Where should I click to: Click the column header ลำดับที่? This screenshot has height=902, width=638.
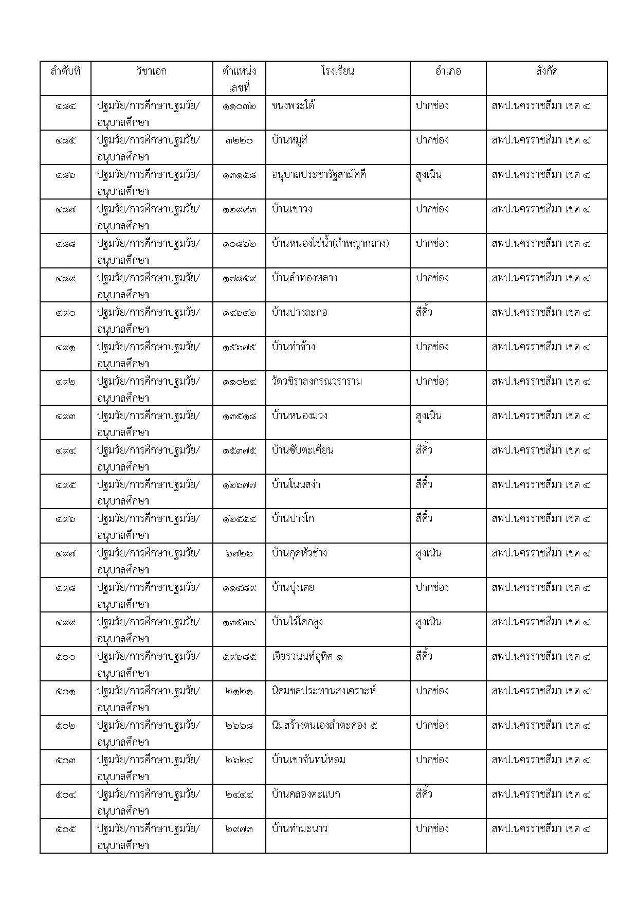coord(65,71)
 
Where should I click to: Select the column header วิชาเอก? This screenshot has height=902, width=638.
coord(151,71)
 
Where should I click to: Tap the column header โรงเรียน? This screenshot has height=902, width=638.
coord(337,71)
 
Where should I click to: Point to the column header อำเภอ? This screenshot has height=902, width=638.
coord(447,71)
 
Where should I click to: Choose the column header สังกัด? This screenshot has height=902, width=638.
coord(546,71)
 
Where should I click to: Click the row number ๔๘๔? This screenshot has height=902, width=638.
coord(65,106)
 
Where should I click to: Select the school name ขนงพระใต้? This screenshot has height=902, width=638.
coord(293,106)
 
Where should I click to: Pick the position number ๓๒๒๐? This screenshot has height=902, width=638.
coord(239,140)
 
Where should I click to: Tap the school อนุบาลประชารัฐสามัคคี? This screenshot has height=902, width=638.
coord(319,175)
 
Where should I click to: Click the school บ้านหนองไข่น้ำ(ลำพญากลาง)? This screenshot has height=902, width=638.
coord(330,244)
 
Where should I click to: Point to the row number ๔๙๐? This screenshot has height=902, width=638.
coord(65,313)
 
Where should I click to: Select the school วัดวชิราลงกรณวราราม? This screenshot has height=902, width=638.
coord(317,382)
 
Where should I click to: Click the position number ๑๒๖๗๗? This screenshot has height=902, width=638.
coord(239,485)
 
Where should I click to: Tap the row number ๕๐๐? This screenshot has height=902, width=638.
coord(65,657)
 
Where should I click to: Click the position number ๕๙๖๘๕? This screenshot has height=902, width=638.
coord(239,657)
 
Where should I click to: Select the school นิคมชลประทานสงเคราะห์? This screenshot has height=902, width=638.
coord(324,691)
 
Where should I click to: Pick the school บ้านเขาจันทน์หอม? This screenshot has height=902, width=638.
coord(308,760)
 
